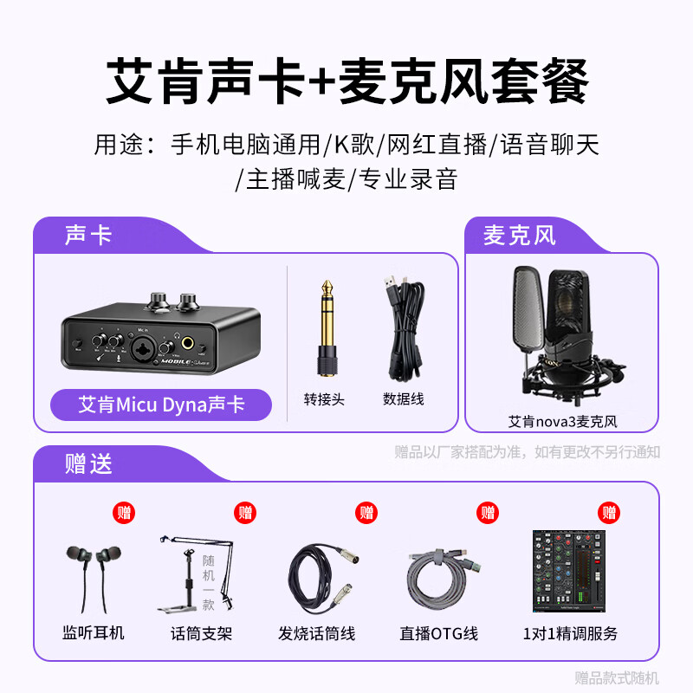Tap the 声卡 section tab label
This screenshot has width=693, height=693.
click(x=88, y=235)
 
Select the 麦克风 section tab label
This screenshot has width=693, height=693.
click(x=520, y=235)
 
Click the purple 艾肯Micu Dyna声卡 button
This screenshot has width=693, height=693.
click(x=161, y=405)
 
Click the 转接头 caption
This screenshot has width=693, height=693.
click(x=324, y=399)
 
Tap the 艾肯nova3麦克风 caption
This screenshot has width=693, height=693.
click(x=561, y=422)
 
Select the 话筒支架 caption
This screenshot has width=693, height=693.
click(x=202, y=633)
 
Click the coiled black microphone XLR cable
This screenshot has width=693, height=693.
click(x=322, y=576)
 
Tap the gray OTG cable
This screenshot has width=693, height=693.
click(x=443, y=577)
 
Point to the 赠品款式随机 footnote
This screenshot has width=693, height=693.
click(x=617, y=677)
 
